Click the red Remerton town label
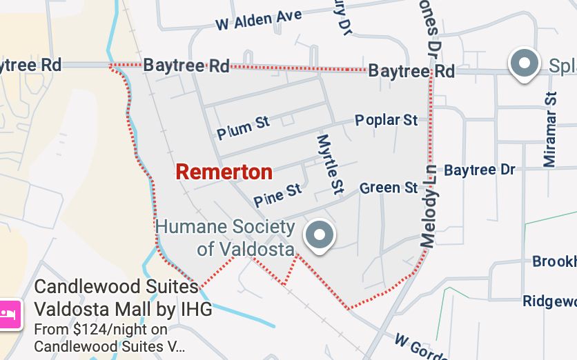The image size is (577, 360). [x=224, y=172]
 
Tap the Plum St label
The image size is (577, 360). [x=243, y=127]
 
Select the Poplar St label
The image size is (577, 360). [x=386, y=120]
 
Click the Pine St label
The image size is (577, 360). [x=277, y=194]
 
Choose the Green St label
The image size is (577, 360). [x=389, y=188]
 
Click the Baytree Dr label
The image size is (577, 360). [x=479, y=170]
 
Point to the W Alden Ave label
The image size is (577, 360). [x=258, y=20]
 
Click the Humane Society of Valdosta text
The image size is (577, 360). [x=225, y=237]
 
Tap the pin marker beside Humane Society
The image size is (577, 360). [x=319, y=235]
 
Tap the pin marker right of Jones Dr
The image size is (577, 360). [x=525, y=64]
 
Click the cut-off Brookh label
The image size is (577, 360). [x=554, y=261]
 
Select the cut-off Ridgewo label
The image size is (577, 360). [x=549, y=301]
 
